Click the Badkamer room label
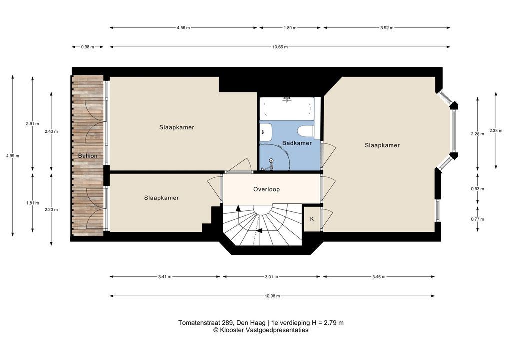(x=297, y=143)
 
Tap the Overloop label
(x=267, y=189)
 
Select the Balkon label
(x=87, y=156)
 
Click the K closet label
(x=312, y=219)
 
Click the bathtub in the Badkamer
(x=287, y=108)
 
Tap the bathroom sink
(x=266, y=132)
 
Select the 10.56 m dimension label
(x=280, y=47)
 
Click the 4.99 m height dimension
(x=13, y=156)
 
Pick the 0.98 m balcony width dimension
(x=88, y=47)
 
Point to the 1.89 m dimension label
(x=290, y=28)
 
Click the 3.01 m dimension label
(x=271, y=277)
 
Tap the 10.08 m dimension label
(x=272, y=296)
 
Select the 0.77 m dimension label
(x=478, y=219)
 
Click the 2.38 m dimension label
(x=496, y=131)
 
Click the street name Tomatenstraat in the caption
(x=199, y=323)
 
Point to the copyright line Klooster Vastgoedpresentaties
(x=261, y=330)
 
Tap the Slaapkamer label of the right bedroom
(x=382, y=145)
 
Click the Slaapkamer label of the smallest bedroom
(x=161, y=198)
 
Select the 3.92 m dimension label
(x=387, y=28)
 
